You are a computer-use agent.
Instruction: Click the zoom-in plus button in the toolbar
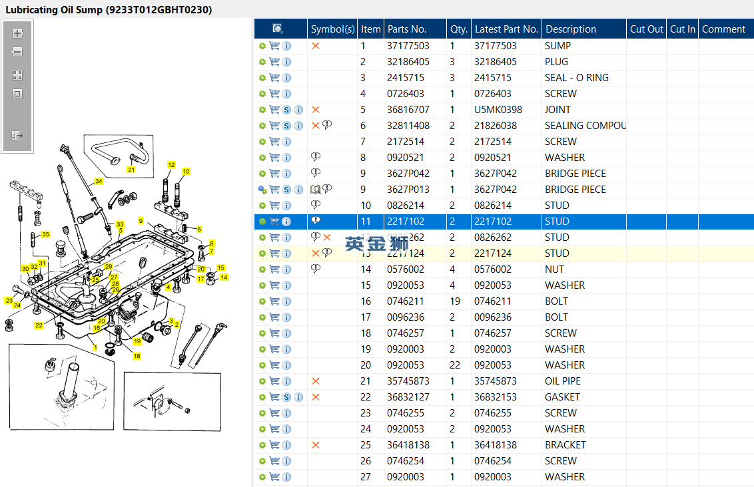[x=17, y=33]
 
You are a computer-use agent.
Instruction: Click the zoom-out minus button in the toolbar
[x=17, y=52]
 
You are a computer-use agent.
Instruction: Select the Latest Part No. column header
[x=506, y=29]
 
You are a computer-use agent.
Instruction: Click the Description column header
[x=571, y=29]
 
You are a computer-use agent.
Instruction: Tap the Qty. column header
[x=458, y=29]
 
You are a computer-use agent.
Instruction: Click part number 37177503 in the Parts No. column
[x=408, y=46]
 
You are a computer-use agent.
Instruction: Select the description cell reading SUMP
[x=558, y=46]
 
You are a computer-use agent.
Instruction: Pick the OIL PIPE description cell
[x=563, y=381]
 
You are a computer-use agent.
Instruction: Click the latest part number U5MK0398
[x=498, y=110]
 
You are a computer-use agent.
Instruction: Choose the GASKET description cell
[x=562, y=397]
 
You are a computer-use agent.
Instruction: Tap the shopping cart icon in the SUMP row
[x=274, y=46]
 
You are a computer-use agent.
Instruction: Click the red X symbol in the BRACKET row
[x=316, y=445]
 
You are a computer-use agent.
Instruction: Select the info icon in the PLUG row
[x=286, y=62]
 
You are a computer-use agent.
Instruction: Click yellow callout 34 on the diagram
[x=99, y=181]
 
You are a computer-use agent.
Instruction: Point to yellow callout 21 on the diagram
[x=131, y=170]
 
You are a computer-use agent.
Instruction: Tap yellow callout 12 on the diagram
[x=171, y=164]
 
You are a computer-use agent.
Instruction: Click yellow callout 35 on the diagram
[x=45, y=235]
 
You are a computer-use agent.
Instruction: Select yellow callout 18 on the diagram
[x=137, y=356]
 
